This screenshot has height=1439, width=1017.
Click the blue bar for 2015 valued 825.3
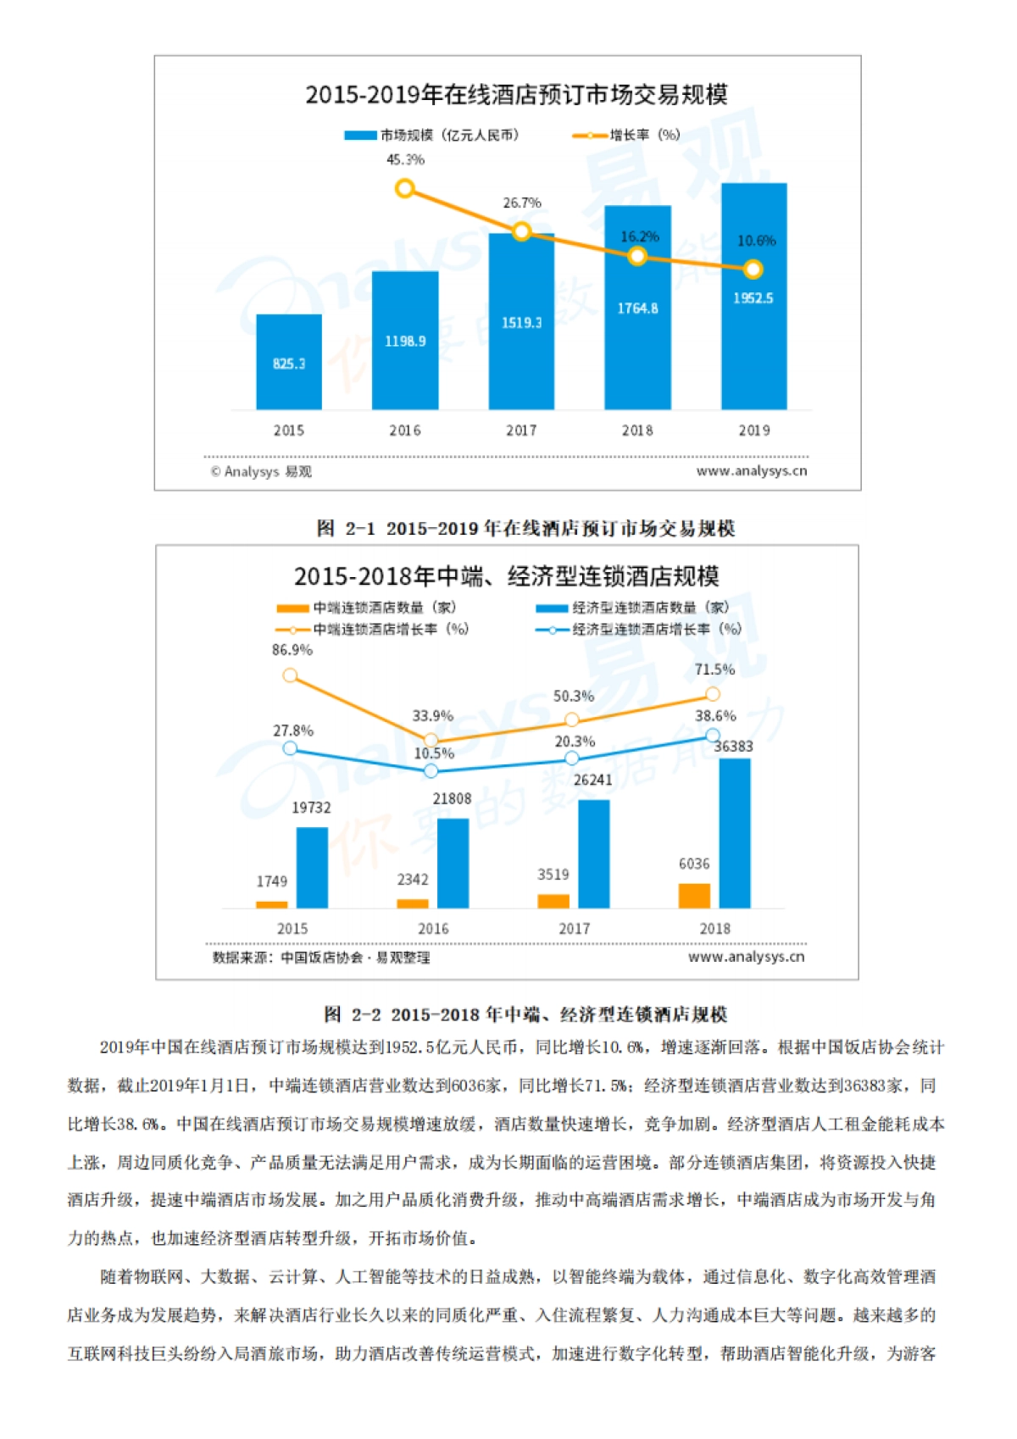coord(289,362)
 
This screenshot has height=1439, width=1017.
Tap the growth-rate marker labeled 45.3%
coord(405,188)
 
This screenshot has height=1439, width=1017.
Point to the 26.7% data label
coord(522,203)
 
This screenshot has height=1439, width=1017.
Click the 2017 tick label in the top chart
coord(521,431)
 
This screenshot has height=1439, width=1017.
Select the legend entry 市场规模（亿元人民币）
coord(432,135)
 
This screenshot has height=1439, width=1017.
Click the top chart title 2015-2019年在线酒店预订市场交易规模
coord(516,94)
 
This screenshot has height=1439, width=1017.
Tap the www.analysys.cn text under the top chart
coord(752,471)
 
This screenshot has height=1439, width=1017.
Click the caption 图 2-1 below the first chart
coord(525,529)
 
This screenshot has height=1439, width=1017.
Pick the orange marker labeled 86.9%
coord(291,675)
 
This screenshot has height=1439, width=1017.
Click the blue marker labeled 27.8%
coord(291,748)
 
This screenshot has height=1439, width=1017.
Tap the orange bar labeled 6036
coord(694,896)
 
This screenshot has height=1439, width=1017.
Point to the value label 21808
coord(452,799)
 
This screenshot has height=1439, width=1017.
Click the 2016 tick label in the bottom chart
coord(433,929)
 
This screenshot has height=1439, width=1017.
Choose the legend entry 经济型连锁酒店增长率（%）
coord(640,630)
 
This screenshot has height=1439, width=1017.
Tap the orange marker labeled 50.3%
coord(572,719)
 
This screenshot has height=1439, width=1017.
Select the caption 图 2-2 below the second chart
coord(525,1014)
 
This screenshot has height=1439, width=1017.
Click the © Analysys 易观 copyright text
coord(261,472)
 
